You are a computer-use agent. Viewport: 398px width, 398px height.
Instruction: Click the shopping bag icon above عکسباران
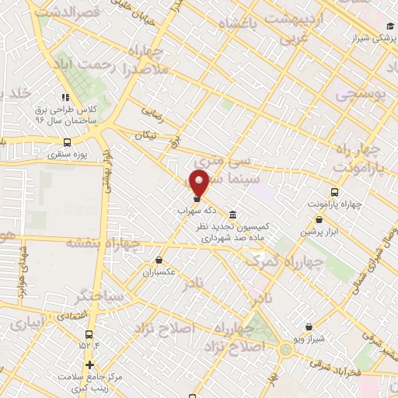159,260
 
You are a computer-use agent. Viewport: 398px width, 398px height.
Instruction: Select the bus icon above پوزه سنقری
67,143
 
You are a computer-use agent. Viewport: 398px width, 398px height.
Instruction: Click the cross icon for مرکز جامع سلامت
90,365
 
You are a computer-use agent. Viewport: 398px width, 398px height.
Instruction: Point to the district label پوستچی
362,93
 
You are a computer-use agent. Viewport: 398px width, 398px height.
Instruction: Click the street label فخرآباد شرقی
330,363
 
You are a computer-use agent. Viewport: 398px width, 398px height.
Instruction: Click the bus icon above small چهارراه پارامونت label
335,192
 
